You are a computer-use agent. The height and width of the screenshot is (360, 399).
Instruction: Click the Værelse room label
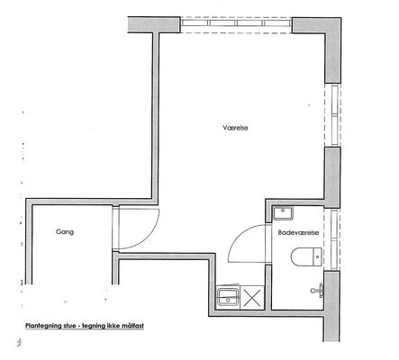click(235, 128)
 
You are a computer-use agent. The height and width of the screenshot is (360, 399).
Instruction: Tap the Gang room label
click(65, 232)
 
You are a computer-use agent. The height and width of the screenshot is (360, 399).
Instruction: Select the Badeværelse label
click(298, 232)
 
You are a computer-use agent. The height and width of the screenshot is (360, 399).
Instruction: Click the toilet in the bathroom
click(306, 256)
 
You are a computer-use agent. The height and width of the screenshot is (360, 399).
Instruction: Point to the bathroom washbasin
click(283, 213)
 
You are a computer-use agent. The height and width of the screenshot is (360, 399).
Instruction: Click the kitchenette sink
click(228, 297)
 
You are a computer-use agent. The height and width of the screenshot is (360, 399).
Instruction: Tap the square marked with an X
click(252, 297)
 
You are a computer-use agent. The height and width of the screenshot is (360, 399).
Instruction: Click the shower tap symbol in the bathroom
click(317, 290)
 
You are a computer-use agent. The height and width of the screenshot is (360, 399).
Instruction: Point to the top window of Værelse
click(236, 24)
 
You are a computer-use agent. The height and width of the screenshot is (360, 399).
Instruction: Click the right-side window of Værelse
click(332, 115)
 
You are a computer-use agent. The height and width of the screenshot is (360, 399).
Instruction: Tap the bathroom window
click(332, 238)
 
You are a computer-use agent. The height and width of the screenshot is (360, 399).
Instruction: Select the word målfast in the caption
click(132, 326)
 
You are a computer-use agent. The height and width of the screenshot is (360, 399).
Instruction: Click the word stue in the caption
click(69, 326)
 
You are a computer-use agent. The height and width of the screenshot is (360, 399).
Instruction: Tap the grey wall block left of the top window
click(154, 25)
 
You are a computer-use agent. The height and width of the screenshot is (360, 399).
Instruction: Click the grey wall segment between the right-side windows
click(332, 177)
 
